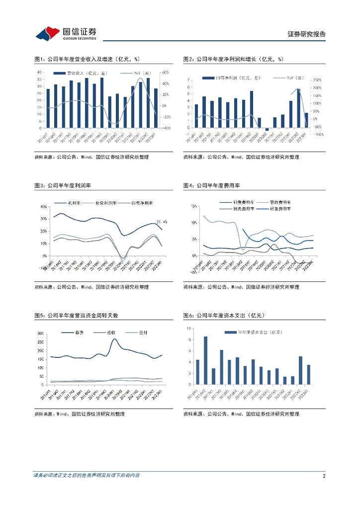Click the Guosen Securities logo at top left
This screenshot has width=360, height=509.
point(66,33)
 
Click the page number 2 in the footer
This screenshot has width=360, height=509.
point(324,476)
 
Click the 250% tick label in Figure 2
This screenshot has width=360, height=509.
point(316,80)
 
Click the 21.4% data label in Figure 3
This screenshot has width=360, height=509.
point(162,222)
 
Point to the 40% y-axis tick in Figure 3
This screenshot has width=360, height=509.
point(43,206)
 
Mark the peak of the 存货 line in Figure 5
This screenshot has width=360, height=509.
point(114,339)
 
